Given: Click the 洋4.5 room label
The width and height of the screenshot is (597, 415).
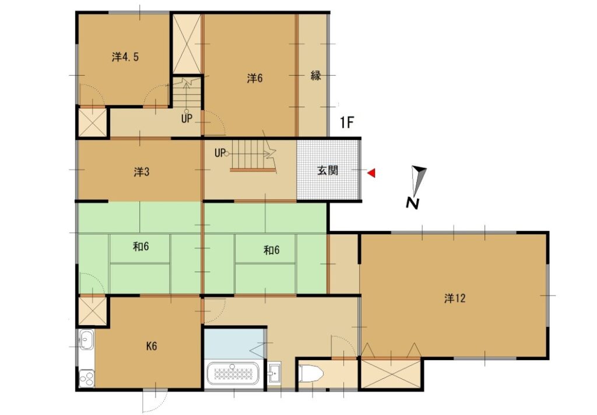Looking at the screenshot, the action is click(x=125, y=57).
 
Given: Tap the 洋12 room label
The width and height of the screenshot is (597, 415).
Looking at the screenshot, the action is click(x=455, y=298).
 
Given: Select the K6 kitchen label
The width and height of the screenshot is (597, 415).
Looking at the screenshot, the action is click(x=152, y=346).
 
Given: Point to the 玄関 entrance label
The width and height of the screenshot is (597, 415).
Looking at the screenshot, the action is click(x=328, y=170).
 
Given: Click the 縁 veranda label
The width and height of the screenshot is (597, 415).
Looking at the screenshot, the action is click(x=315, y=75).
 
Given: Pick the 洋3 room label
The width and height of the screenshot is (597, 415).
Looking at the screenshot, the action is click(x=142, y=172).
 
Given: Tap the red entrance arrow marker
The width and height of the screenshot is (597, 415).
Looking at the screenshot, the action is click(x=371, y=173).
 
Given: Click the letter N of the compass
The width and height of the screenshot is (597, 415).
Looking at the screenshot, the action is click(x=412, y=203).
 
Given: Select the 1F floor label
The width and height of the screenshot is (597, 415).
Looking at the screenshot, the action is click(x=347, y=122).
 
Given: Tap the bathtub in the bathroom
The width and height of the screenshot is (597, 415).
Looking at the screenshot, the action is click(x=232, y=374).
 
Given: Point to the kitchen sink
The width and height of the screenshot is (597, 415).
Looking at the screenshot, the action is click(x=86, y=339).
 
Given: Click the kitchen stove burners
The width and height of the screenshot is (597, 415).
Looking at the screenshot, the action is click(x=86, y=378).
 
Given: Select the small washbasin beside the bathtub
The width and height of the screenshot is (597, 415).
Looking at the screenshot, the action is click(x=274, y=373).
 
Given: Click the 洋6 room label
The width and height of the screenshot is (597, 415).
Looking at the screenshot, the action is click(x=255, y=79).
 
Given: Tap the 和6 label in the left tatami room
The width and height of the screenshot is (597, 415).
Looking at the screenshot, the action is click(x=141, y=247).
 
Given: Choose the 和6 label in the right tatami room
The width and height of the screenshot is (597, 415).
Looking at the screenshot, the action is click(x=272, y=250).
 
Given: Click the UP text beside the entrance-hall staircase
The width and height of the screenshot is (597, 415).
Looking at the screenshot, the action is click(x=220, y=153).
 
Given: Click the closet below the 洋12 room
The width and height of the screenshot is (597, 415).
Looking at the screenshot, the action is click(x=391, y=374).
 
